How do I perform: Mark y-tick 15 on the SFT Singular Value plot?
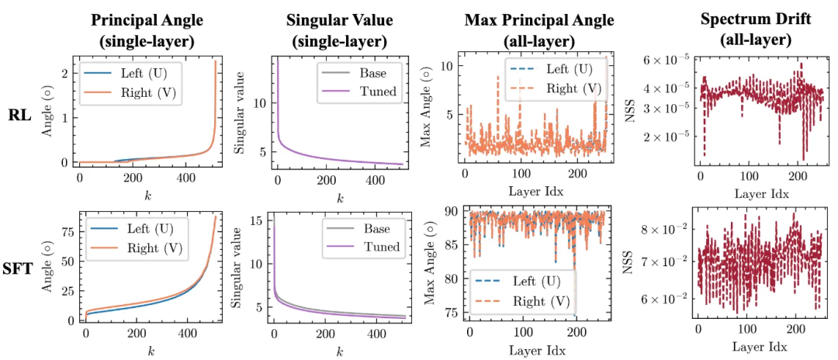(x=261, y=220)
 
